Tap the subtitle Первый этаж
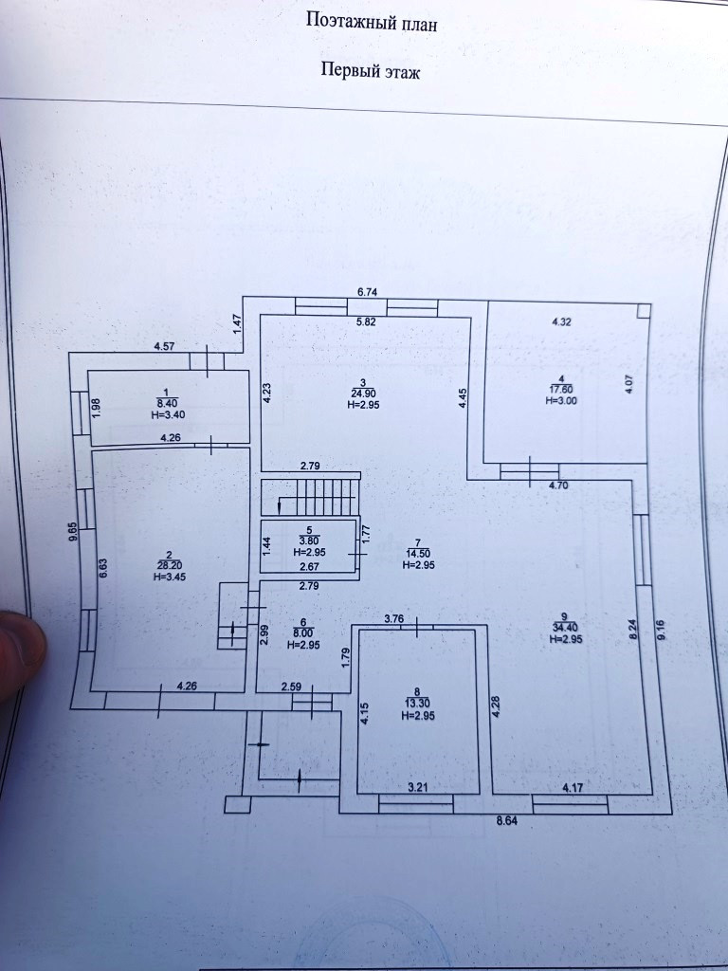370,71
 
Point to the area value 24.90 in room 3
363,393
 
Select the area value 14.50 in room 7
418,554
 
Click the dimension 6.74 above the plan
368,292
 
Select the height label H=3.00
561,400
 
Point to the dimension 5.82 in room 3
366,322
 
